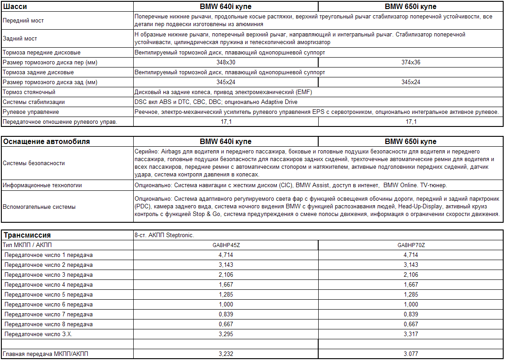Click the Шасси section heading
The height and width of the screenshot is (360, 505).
pos(15,7)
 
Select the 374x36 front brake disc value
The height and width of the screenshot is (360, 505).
pos(410,63)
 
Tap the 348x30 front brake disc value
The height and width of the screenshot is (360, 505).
pos(226,63)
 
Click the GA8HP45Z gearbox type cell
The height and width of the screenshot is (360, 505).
pos(226,245)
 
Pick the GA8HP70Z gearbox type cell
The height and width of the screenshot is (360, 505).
pos(410,245)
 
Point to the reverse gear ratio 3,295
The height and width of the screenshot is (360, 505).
pos(226,334)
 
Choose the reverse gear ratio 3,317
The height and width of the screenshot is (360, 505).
pos(410,334)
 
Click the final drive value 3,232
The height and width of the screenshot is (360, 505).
pos(226,354)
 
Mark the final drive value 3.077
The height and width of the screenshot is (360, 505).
pos(410,354)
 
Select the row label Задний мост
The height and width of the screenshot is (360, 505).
pos(20,39)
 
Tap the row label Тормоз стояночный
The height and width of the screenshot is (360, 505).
pos(29,92)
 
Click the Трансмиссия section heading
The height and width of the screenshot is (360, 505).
pos(27,235)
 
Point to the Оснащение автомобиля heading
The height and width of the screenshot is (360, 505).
pos(46,142)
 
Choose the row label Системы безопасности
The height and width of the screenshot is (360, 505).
pos(33,163)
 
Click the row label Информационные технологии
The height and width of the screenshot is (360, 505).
pos(42,185)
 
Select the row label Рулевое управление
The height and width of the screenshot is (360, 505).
pos(31,112)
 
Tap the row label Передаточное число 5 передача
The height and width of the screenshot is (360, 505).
pos(49,295)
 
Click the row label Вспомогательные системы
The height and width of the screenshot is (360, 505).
pos(39,207)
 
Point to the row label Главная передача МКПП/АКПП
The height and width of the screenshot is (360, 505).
pos(45,354)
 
